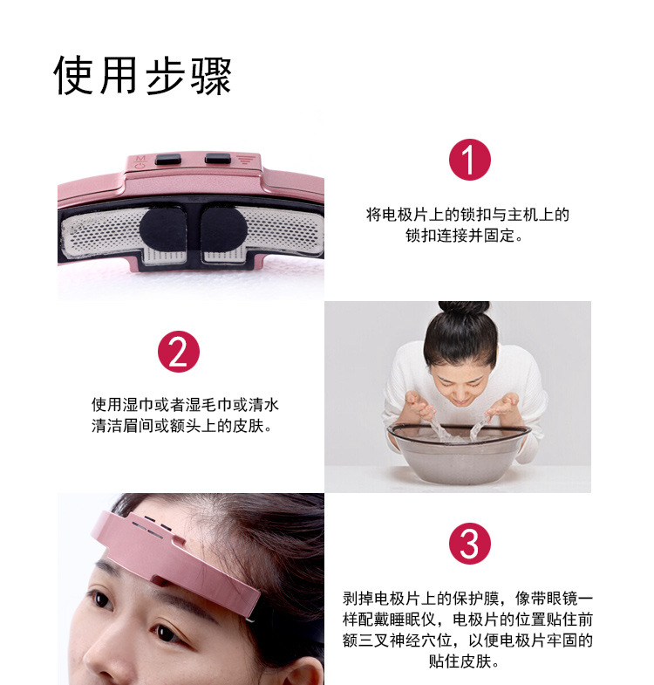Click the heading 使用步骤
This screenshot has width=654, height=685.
pyautogui.click(x=142, y=76)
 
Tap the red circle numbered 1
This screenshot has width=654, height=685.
pyautogui.click(x=470, y=160)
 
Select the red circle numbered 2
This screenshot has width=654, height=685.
pyautogui.click(x=179, y=352)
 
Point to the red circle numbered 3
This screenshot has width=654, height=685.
pyautogui.click(x=470, y=544)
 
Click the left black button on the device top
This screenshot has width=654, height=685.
pyautogui.click(x=168, y=159)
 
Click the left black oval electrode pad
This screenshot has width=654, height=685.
pyautogui.click(x=162, y=229)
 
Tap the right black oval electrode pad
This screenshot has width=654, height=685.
pyautogui.click(x=224, y=229)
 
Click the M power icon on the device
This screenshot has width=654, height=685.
pyautogui.click(x=140, y=161)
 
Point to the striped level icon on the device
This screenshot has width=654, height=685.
pyautogui.click(x=245, y=160)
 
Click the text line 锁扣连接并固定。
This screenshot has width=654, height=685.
pyautogui.click(x=465, y=236)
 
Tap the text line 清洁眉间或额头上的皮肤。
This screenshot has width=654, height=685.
pyautogui.click(x=182, y=426)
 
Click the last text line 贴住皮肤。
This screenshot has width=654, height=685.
pyautogui.click(x=464, y=661)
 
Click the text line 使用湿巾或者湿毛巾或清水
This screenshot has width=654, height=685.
pyautogui.click(x=185, y=405)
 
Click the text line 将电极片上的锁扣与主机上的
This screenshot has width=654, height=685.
pyautogui.click(x=467, y=215)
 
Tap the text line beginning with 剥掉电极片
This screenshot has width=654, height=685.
pyautogui.click(x=467, y=598)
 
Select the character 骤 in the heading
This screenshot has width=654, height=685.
pyautogui.click(x=211, y=76)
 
